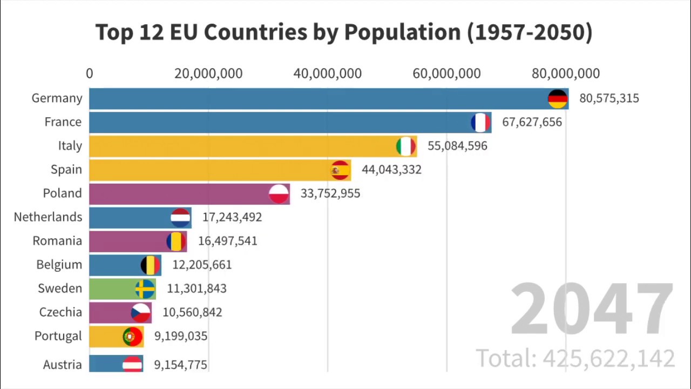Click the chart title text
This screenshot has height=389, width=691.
(344, 32)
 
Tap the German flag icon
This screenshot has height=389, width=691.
(558, 99)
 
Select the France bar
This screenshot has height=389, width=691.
(281, 123)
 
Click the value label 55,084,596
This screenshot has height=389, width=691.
(457, 146)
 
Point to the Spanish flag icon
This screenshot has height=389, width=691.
(340, 170)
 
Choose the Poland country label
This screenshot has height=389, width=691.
(62, 193)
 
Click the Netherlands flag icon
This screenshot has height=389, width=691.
(180, 218)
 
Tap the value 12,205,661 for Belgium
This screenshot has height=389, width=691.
(202, 265)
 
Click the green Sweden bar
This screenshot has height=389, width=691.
(113, 289)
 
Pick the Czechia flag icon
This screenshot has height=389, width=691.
(141, 313)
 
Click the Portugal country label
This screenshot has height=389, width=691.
(58, 336)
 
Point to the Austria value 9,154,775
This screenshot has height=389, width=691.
(180, 365)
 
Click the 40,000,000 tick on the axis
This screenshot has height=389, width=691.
(327, 73)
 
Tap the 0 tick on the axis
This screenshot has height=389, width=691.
(90, 73)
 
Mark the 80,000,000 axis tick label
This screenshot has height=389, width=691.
(565, 73)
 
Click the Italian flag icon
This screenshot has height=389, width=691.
(405, 146)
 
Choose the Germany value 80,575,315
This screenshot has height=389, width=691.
(609, 98)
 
